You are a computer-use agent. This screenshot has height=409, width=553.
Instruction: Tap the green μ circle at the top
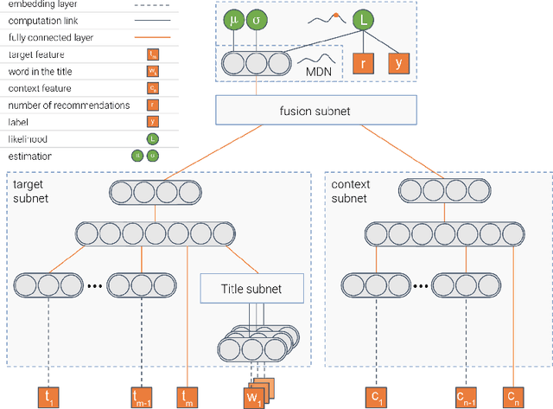[233, 19]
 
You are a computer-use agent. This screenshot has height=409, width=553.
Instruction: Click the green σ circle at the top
[256, 19]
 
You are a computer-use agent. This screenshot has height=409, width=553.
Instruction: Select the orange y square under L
[399, 62]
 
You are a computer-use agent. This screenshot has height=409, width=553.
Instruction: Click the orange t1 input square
[48, 396]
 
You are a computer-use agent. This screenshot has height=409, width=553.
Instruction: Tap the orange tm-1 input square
[142, 396]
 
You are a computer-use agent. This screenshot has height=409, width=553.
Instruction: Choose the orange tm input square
[188, 396]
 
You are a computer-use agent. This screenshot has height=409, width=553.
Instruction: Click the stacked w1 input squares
[257, 393]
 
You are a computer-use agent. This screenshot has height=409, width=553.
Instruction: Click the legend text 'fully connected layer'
[50, 38]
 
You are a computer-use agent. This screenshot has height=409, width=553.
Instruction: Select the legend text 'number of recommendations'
[68, 105]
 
